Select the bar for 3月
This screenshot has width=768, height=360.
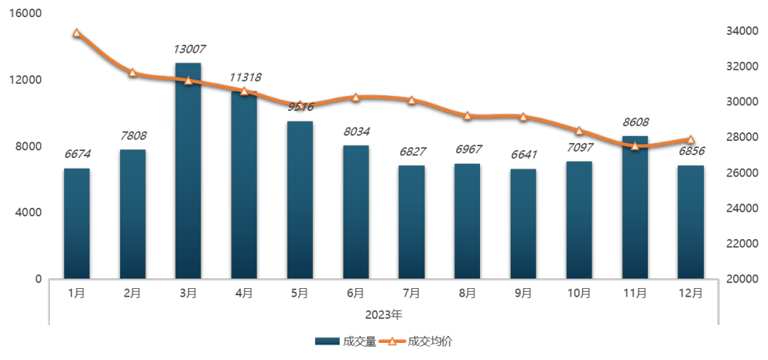tap(188, 171)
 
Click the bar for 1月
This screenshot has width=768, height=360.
tap(77, 223)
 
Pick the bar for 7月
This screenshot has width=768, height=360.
tap(412, 222)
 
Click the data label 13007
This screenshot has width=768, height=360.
tap(188, 50)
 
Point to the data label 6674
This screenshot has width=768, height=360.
tap(77, 154)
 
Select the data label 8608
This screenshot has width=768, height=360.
tap(635, 122)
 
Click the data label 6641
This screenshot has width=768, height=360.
tap(523, 154)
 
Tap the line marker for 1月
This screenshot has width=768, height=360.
tap(77, 32)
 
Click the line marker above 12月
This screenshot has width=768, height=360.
tap(690, 139)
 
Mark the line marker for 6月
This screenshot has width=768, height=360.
tap(356, 97)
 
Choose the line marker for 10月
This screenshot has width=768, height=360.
tap(580, 130)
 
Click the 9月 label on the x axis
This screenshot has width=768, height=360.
tap(523, 293)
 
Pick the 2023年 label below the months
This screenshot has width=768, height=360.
tap(384, 314)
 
